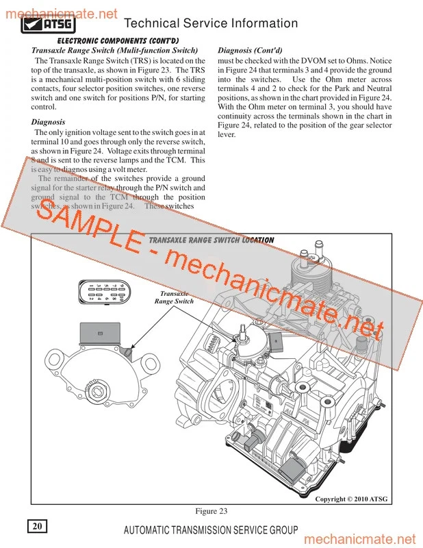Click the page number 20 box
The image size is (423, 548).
point(37,526)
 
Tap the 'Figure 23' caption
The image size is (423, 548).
point(211,511)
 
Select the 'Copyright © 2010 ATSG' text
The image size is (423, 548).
point(351,499)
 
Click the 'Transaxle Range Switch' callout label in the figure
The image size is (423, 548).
point(174,297)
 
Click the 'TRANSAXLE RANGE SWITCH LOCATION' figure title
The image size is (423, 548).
point(211,240)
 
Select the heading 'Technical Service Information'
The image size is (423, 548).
point(212,24)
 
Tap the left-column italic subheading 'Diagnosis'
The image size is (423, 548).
point(49,122)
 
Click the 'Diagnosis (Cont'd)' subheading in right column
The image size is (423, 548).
point(249,51)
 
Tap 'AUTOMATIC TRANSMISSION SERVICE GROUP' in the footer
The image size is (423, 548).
point(211,530)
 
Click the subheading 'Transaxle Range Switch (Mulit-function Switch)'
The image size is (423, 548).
point(115,51)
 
